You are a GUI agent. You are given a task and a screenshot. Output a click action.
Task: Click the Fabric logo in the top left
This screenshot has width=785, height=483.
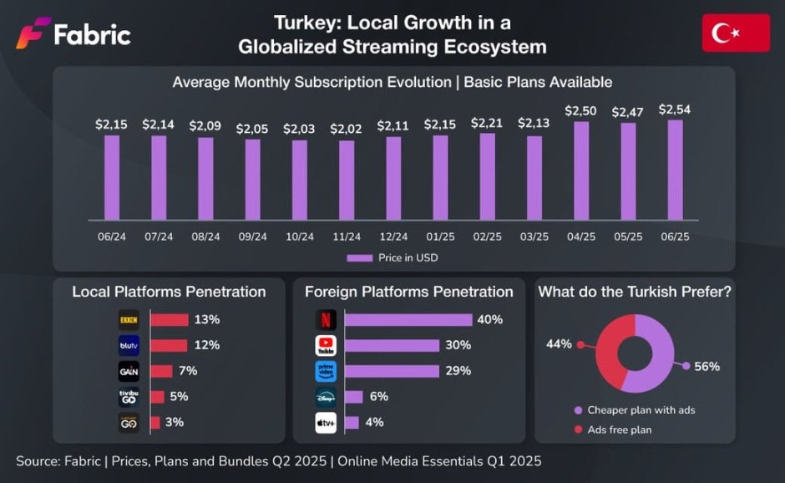[73, 34]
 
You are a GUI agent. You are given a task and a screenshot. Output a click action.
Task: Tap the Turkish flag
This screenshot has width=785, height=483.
[736, 33]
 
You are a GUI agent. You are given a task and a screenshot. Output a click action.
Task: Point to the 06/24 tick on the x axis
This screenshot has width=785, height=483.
[111, 236]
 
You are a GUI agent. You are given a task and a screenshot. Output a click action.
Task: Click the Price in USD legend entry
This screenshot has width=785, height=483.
[392, 258]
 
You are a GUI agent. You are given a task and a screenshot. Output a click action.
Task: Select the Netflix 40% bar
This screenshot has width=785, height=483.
[408, 319]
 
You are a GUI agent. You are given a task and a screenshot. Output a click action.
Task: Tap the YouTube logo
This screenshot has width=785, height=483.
[325, 345]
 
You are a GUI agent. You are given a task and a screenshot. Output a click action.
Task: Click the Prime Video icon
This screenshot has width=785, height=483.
[325, 371]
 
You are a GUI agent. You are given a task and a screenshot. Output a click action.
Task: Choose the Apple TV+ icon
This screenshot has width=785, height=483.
[325, 423]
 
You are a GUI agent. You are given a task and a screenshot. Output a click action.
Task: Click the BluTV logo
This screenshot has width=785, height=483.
[128, 345]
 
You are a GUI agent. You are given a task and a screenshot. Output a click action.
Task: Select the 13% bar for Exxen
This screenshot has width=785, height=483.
[170, 319]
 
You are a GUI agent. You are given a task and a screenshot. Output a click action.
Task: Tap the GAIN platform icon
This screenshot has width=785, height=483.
[128, 371]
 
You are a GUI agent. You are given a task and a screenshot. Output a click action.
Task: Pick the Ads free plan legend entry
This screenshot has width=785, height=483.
[619, 430]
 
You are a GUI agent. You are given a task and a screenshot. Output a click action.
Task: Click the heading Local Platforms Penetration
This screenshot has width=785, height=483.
[169, 292]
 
